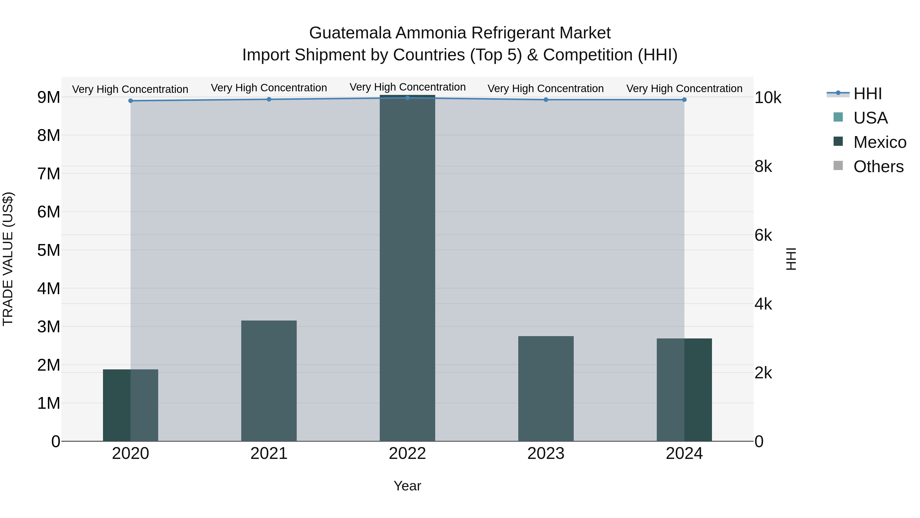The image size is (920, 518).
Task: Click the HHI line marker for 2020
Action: pyautogui.click(x=131, y=101)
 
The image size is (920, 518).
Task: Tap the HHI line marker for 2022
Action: pyautogui.click(x=408, y=98)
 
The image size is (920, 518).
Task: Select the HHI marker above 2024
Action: pyautogui.click(x=684, y=100)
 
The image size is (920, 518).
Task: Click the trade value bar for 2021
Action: pyautogui.click(x=269, y=381)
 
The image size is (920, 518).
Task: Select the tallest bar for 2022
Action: pyautogui.click(x=408, y=268)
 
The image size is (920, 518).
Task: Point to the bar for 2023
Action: pyautogui.click(x=546, y=389)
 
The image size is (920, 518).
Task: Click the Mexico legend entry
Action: pyautogui.click(x=880, y=142)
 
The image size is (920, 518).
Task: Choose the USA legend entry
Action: pyautogui.click(x=870, y=118)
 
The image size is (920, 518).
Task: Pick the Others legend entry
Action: pyautogui.click(x=878, y=167)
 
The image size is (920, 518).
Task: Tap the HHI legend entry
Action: pyautogui.click(x=868, y=94)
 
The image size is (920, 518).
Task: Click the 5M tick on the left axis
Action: pyautogui.click(x=49, y=250)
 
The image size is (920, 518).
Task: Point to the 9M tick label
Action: pyautogui.click(x=49, y=97)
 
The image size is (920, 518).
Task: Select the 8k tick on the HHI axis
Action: pyautogui.click(x=763, y=167)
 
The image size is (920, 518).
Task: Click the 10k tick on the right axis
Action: pyautogui.click(x=768, y=98)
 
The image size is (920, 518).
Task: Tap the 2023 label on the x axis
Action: pyautogui.click(x=546, y=454)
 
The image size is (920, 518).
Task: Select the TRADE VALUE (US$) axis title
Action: pyautogui.click(x=8, y=259)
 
